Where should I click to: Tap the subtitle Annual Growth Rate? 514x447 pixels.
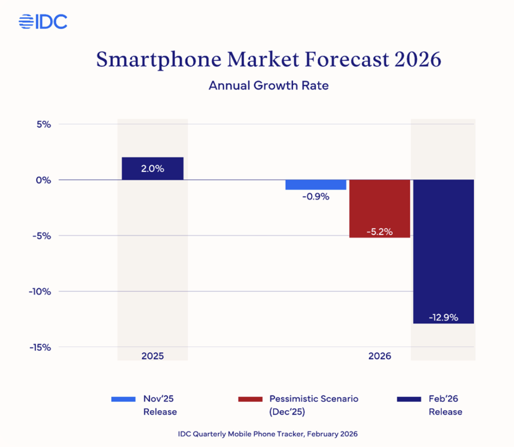tap(269, 85)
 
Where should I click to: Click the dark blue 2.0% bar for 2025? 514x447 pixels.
tap(152, 168)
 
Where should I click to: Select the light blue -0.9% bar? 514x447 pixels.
tap(316, 185)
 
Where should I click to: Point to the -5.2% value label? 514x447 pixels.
tap(379, 232)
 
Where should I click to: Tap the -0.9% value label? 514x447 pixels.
tap(316, 197)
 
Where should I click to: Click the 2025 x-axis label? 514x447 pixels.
tap(152, 356)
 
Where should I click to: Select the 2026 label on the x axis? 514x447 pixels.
tap(379, 356)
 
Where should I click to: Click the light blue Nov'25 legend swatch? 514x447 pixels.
tap(123, 399)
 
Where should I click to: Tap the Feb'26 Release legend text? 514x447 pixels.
tap(445, 405)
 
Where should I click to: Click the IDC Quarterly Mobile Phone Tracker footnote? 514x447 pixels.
tap(268, 434)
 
